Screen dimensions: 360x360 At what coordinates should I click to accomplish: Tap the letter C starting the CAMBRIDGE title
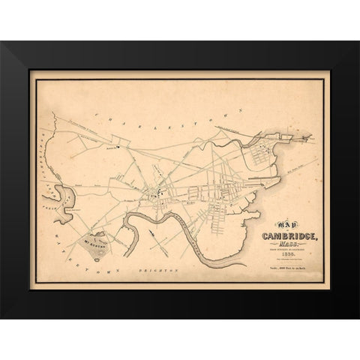point(263,236)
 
